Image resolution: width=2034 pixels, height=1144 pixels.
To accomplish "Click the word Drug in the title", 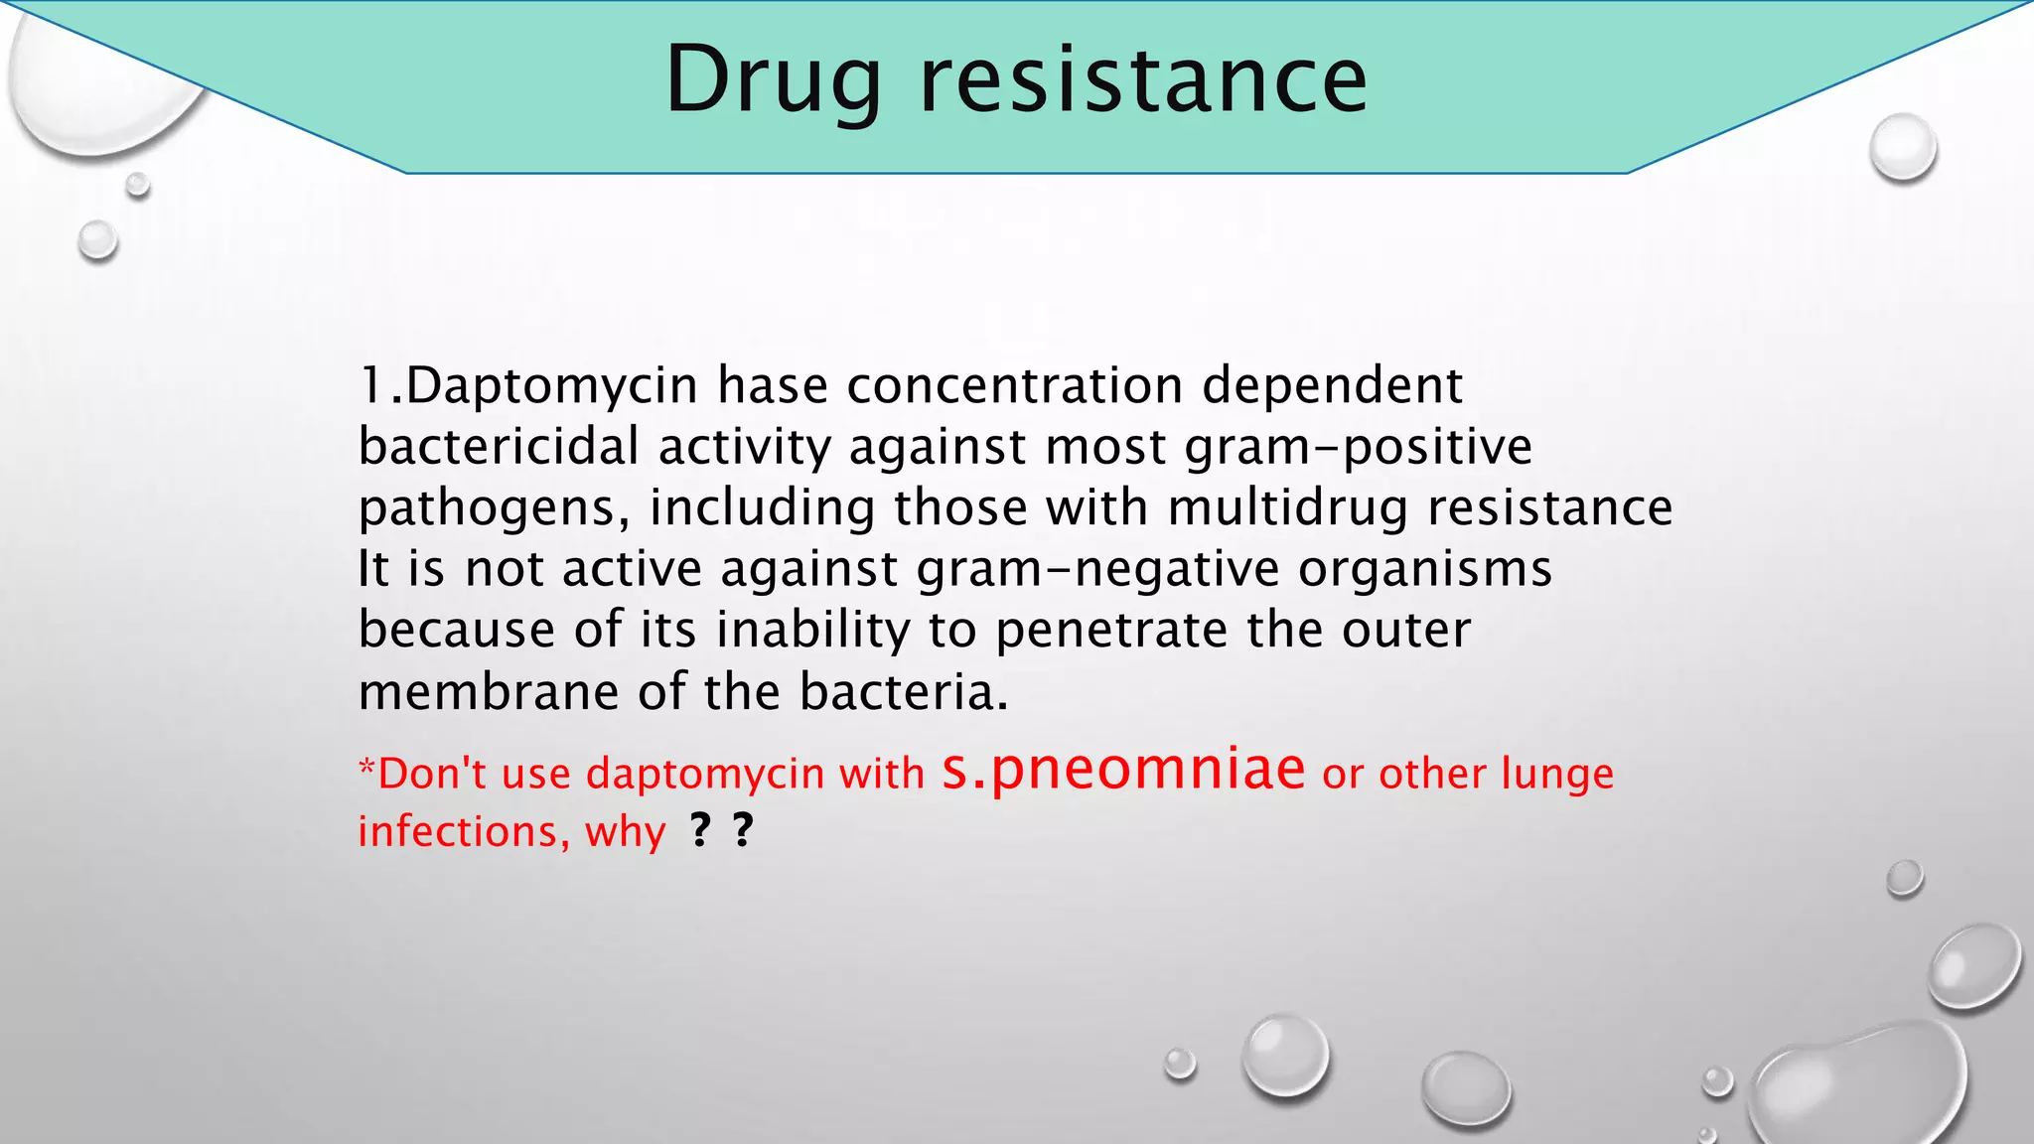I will click(773, 81).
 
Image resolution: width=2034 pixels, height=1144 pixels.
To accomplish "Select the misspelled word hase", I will click(773, 385).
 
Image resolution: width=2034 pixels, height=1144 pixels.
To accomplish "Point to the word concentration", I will click(1014, 385).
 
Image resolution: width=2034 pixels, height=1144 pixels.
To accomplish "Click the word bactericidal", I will click(498, 446).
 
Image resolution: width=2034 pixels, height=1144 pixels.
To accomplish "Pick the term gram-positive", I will click(1359, 447).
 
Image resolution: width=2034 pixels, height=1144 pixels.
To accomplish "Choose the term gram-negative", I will click(1097, 569).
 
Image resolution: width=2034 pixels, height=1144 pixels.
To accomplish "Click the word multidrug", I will click(1288, 507).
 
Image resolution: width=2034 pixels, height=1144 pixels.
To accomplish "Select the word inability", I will click(813, 630).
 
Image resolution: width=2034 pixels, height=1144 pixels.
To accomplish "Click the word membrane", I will click(489, 691).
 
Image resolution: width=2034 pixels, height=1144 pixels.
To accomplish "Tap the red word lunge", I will click(1557, 775).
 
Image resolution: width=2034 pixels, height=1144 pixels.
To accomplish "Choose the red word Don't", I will click(428, 774).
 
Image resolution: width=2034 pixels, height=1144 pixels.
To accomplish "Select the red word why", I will click(625, 832).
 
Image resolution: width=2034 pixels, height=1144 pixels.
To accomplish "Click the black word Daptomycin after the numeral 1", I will click(552, 386).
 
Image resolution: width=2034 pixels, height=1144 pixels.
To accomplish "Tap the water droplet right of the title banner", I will click(1903, 147).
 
